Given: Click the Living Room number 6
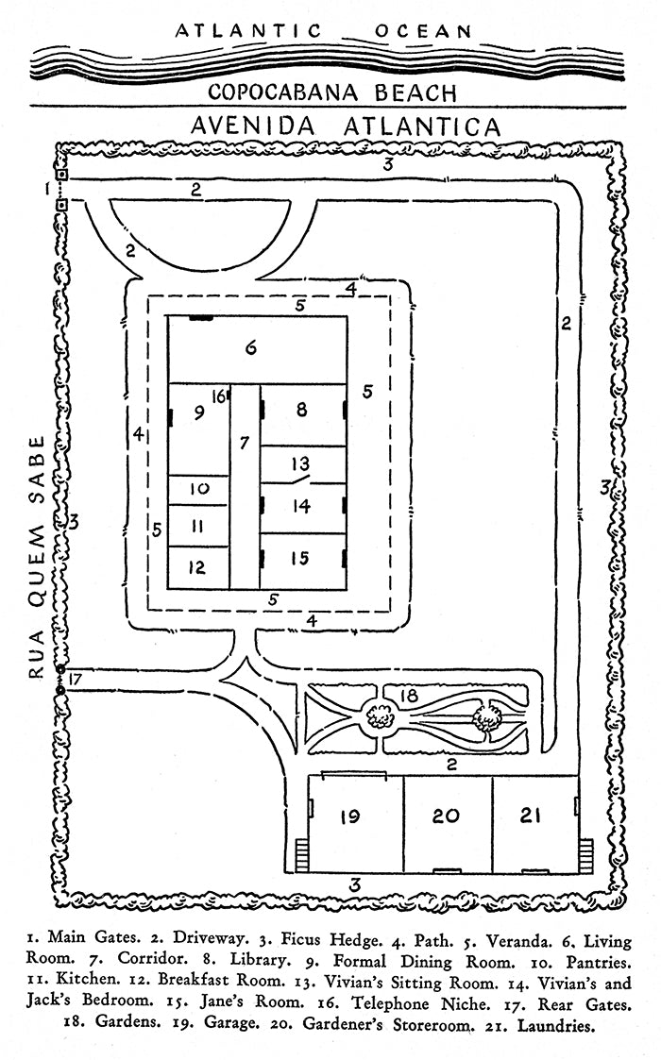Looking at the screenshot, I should pyautogui.click(x=251, y=348).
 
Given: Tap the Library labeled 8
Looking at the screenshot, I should pyautogui.click(x=301, y=410).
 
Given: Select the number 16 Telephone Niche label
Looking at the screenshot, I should pyautogui.click(x=218, y=397).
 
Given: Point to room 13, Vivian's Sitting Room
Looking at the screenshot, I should pyautogui.click(x=301, y=463).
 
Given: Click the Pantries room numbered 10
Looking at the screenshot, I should pyautogui.click(x=198, y=489).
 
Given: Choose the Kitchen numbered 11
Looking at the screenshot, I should pyautogui.click(x=198, y=526).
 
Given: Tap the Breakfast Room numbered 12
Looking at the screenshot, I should pyautogui.click(x=198, y=568).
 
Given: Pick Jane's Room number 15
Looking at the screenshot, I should pyautogui.click(x=300, y=559).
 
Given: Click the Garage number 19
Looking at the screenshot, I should pyautogui.click(x=350, y=816).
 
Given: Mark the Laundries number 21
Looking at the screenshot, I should pyautogui.click(x=534, y=816).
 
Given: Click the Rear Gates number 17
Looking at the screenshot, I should pyautogui.click(x=76, y=678).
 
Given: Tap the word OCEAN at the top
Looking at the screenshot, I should pyautogui.click(x=424, y=31).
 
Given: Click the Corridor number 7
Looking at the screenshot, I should pyautogui.click(x=244, y=442).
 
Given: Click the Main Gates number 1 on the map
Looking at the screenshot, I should pyautogui.click(x=45, y=190).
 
